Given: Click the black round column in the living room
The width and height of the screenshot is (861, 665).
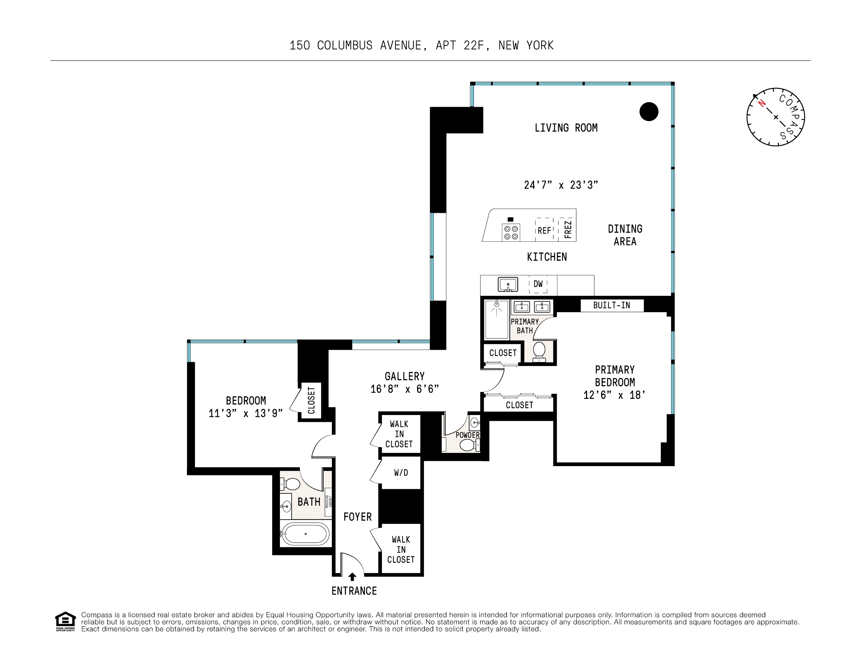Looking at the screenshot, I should (x=649, y=111).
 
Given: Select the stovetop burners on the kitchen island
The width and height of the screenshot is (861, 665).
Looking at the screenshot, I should (x=511, y=232).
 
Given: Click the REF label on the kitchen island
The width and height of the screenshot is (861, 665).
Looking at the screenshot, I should (x=544, y=231).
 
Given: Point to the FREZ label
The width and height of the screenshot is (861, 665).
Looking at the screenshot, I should (x=568, y=229).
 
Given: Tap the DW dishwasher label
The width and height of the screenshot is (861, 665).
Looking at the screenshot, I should (x=538, y=284).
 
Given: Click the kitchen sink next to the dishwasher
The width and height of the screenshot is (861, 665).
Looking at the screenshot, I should (x=508, y=284).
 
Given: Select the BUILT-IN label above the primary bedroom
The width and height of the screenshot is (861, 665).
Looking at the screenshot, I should (x=612, y=305).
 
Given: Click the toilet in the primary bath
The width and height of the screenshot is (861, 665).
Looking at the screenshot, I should (x=539, y=351).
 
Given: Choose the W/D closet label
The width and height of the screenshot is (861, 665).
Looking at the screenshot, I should (x=401, y=473).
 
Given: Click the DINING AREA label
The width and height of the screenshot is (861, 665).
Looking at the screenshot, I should (x=625, y=235).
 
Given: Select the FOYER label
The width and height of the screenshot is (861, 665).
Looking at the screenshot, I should (x=357, y=517).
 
